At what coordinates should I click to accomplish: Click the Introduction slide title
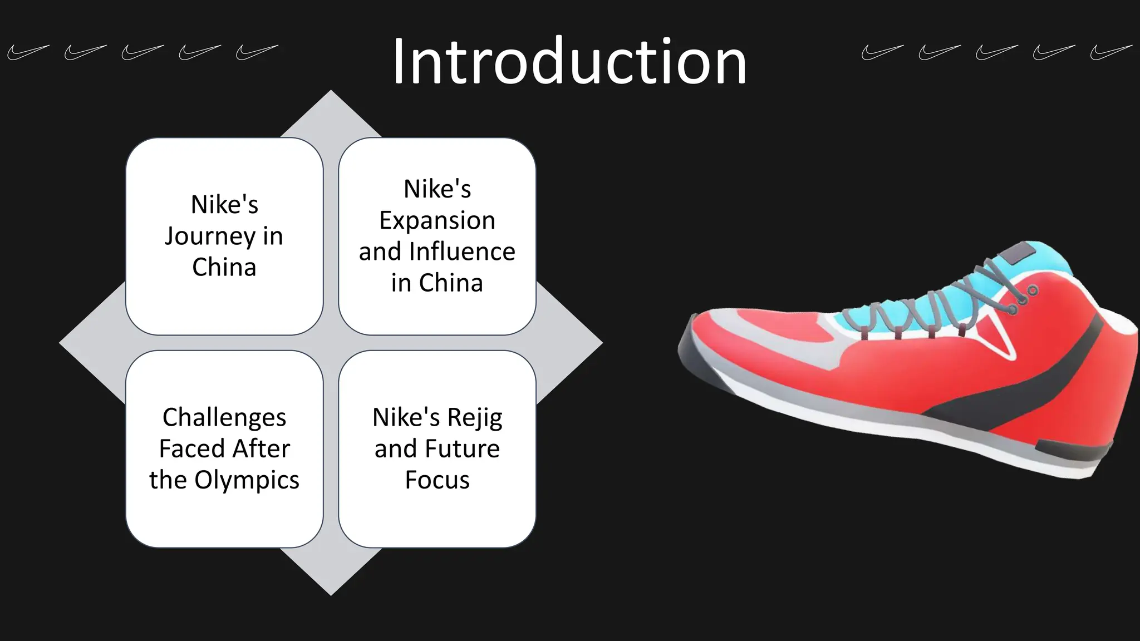[x=569, y=61]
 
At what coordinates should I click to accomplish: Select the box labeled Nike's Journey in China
[x=224, y=236]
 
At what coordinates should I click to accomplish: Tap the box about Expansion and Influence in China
[x=437, y=236]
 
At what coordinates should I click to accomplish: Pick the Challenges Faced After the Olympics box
[x=224, y=448]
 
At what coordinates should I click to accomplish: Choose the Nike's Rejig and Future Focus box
[x=437, y=448]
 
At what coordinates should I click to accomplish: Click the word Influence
[x=462, y=252]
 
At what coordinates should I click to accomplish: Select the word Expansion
[x=437, y=220]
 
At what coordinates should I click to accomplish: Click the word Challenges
[x=224, y=417]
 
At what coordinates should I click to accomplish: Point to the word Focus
[x=437, y=480]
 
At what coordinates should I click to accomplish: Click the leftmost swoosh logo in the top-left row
[x=27, y=52]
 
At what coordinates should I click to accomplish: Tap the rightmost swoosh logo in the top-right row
[x=1110, y=52]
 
